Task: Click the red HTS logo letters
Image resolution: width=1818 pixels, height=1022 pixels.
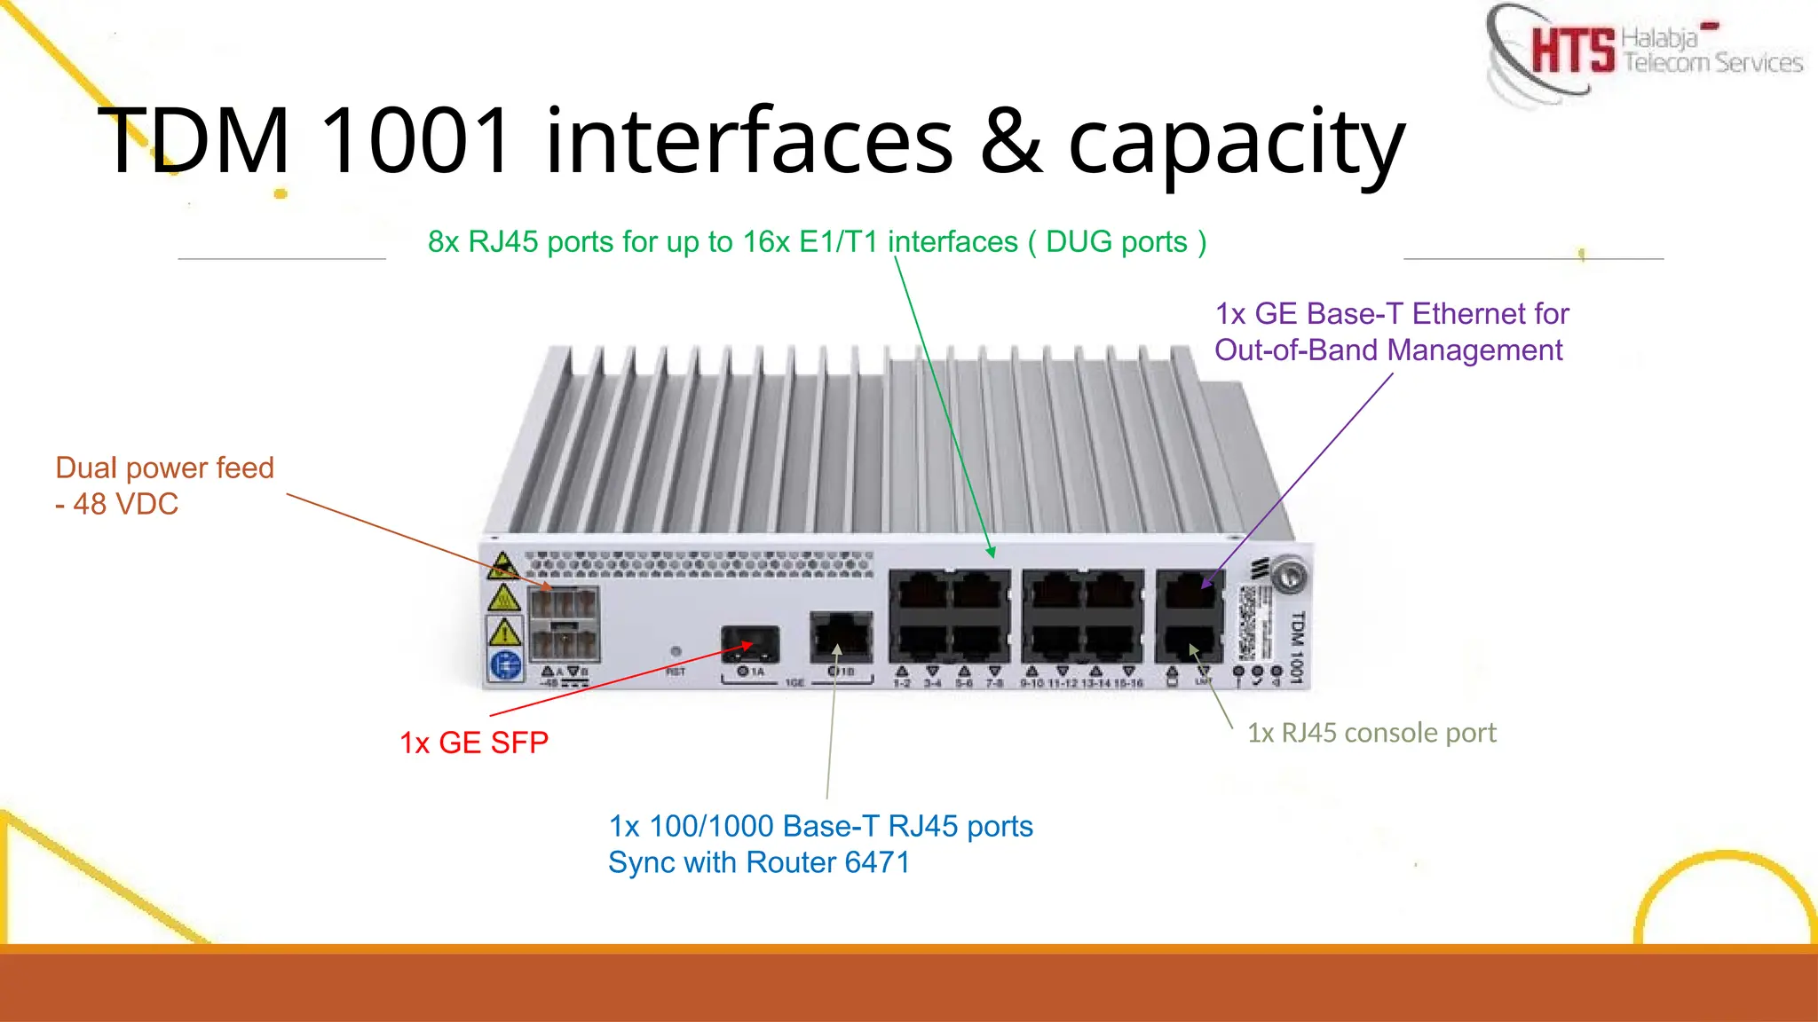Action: tap(1572, 50)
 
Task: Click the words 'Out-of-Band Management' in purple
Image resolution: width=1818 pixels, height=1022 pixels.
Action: tap(1387, 350)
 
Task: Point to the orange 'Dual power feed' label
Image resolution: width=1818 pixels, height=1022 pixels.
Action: tap(164, 468)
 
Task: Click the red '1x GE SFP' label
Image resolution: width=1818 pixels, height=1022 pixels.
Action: tap(474, 743)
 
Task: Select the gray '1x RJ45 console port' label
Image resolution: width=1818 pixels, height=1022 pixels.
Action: tap(1371, 733)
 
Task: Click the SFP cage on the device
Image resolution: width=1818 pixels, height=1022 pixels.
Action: tap(750, 643)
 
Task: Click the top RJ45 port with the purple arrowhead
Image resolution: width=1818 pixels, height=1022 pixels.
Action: tap(1190, 591)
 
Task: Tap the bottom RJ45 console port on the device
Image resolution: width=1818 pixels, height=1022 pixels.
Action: tap(1190, 641)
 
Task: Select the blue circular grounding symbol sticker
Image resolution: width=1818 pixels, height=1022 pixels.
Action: tap(506, 664)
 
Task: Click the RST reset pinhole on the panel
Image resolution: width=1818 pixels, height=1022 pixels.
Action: tap(676, 652)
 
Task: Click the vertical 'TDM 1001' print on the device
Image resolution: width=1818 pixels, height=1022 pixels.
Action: tap(1297, 647)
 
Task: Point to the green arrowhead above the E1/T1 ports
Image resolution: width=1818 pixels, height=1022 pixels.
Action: tap(992, 552)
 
